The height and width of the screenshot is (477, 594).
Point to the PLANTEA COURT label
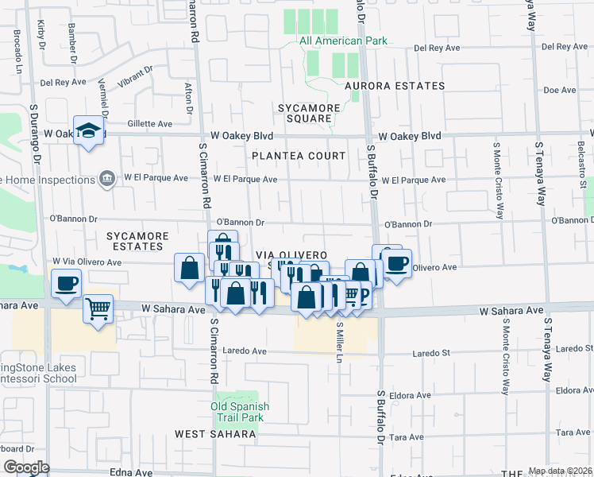299,156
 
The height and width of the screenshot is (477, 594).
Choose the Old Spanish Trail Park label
240,412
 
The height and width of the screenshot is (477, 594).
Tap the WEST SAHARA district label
217,434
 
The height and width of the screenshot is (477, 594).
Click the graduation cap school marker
90,130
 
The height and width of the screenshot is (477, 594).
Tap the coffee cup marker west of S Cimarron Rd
66,282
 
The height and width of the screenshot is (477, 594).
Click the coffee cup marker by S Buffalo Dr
396,263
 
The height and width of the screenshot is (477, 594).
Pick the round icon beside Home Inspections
105,180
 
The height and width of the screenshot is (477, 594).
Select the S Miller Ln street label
338,342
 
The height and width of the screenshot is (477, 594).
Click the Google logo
26,467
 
